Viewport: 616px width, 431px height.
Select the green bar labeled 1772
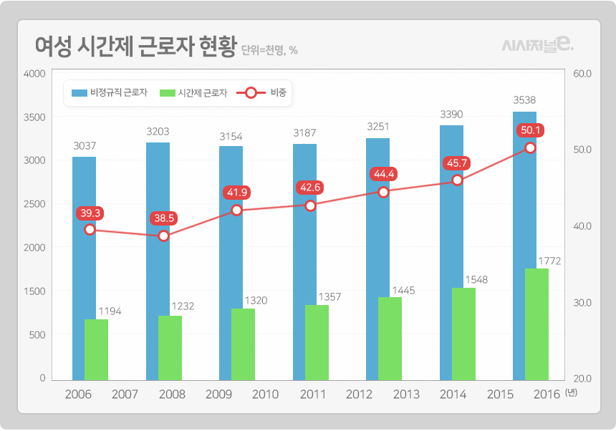[x=536, y=324]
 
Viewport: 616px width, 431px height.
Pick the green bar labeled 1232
[x=170, y=347]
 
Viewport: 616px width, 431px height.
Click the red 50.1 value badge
[x=531, y=130]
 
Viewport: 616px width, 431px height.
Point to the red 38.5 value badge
[x=162, y=218]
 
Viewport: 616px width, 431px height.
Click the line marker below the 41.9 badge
[x=237, y=210]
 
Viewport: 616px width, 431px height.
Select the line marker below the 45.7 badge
[x=457, y=180]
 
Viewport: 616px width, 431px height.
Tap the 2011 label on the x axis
[x=313, y=394]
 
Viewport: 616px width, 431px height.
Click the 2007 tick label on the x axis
[x=125, y=394]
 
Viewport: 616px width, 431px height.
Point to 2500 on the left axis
[x=34, y=204]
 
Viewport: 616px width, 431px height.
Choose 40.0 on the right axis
[x=582, y=226]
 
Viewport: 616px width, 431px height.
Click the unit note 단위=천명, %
[x=269, y=50]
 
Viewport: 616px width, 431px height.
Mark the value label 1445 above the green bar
[x=403, y=291]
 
